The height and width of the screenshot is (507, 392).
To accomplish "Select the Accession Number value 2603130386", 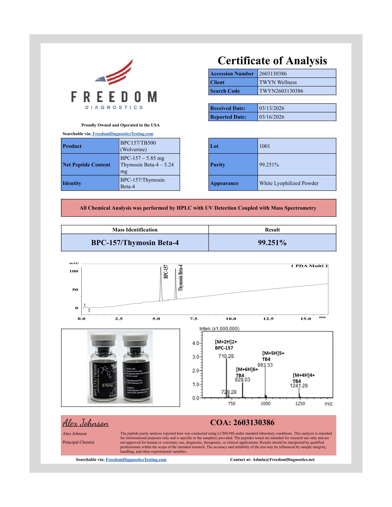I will coord(273,74).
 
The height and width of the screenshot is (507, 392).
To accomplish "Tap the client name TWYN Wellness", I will coord(278,82).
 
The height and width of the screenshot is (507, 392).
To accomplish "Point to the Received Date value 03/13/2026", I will coord(272,108).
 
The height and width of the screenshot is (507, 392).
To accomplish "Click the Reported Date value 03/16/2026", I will coord(272,117).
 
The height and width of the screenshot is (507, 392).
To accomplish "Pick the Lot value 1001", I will coord(265,146).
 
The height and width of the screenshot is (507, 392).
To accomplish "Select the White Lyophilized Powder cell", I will coord(289,183).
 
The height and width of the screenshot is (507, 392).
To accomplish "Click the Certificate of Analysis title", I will coord(272,60).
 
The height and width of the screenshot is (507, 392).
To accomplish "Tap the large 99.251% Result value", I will coord(272,243).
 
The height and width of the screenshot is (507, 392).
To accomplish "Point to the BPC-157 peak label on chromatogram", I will coord(166,271).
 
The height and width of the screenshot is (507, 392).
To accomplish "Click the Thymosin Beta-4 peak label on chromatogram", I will coord(181,277).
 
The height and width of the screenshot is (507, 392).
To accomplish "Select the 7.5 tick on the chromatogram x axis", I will coord(193,319).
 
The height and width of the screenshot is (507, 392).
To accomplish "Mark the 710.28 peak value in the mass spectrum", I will coord(226,356).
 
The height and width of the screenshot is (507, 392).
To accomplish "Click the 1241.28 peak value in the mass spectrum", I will coord(298,385).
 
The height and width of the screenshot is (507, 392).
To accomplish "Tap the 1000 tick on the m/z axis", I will coord(265,404).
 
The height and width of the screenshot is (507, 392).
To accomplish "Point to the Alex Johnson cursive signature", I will coord(86,423).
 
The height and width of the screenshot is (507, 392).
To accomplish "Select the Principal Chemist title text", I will coord(78,442).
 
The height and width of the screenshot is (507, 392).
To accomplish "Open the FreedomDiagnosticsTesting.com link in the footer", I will coord(136,460).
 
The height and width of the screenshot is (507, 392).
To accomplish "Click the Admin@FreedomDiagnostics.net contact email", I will coord(283,460).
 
